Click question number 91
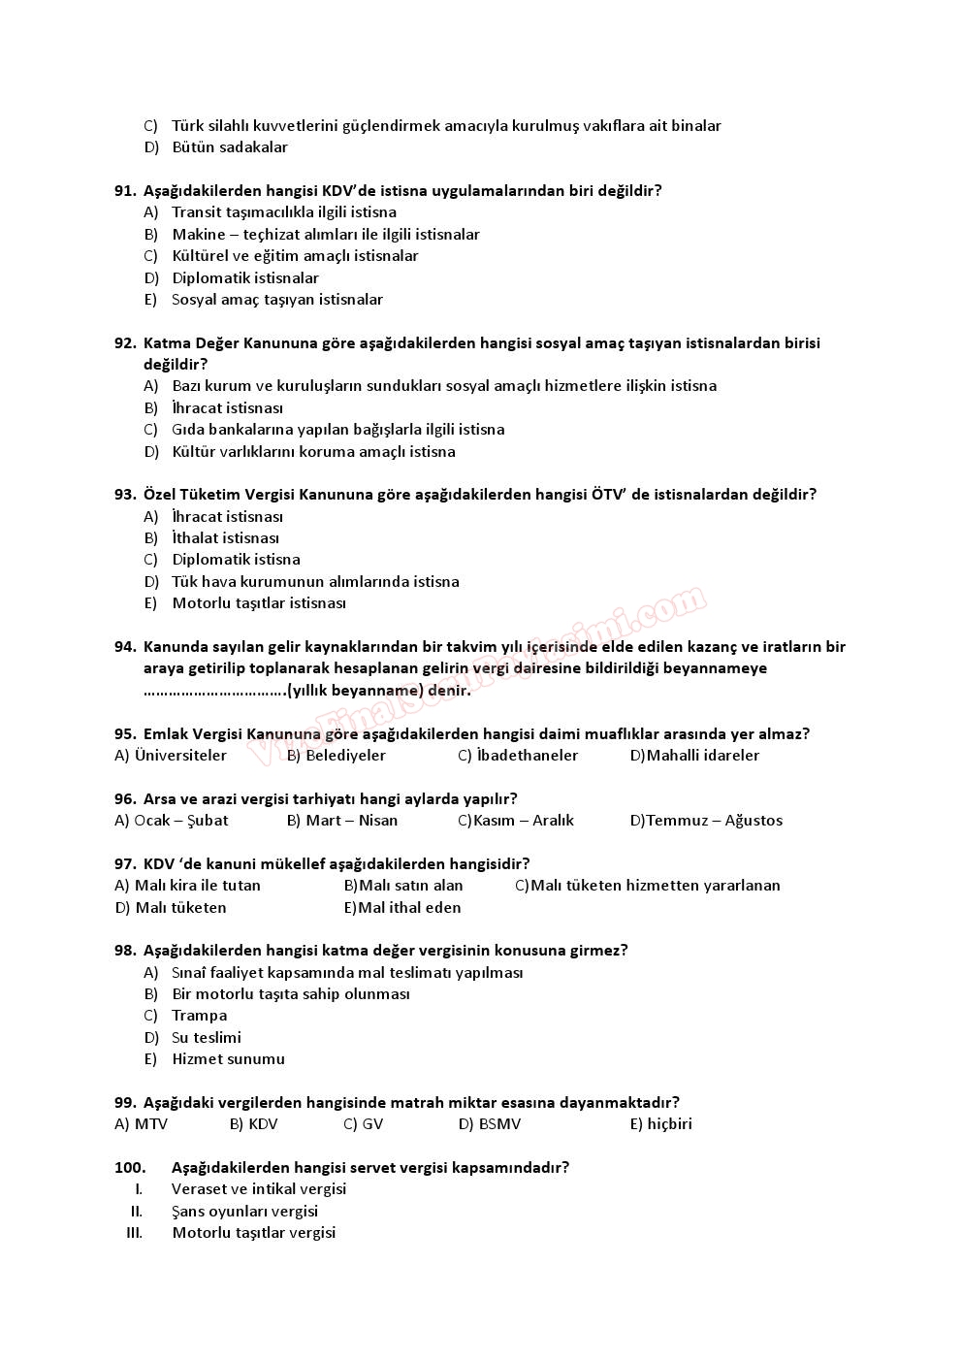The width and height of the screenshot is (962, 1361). coord(124,191)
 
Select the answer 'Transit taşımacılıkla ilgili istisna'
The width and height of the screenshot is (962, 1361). coord(283,212)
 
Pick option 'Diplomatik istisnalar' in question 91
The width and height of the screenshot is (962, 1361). coord(244,278)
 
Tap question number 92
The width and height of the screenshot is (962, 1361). coord(124,343)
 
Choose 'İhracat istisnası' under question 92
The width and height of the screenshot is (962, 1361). coord(227,408)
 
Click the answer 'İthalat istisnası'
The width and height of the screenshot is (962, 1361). coord(225,538)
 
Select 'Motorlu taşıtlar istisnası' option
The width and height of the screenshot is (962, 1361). coord(258,603)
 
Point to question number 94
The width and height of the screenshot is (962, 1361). coord(124,647)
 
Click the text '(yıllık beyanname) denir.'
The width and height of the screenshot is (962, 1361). coord(378,691)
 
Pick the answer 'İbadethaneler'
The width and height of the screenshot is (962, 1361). coord(527,756)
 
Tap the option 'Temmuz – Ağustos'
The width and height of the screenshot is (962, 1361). coord(714,821)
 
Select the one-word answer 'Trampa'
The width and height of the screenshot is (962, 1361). coord(199,1016)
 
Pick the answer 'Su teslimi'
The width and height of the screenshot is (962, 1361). coord(206,1038)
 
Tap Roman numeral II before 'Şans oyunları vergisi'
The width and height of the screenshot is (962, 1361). coord(137,1212)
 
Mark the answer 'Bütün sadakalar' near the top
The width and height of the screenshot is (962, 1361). coord(229,147)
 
